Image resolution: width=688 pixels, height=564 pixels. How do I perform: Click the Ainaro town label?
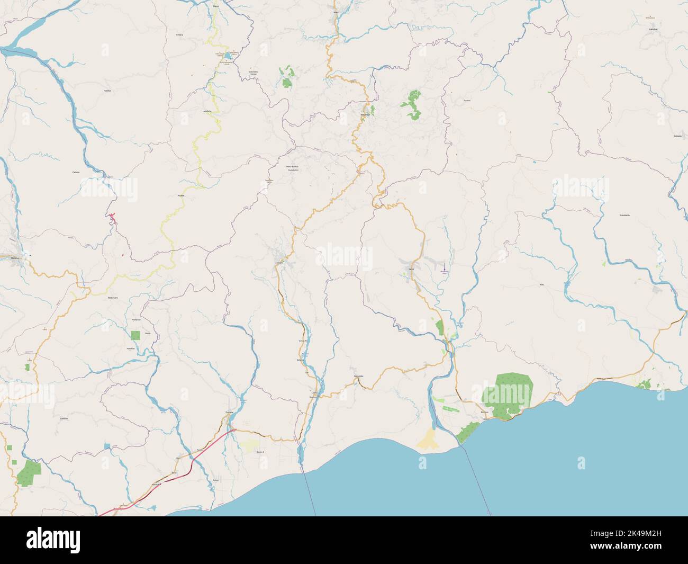point(279,262)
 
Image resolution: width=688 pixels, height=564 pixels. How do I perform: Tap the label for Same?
point(411,269)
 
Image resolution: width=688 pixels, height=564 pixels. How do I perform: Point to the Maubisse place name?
point(365,114)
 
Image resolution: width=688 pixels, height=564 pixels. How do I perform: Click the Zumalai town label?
point(229,411)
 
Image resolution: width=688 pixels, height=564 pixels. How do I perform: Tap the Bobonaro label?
point(112,298)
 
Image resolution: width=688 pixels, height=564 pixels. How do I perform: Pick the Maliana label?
point(15,258)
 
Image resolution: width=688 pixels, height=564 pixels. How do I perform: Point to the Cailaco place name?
point(76,173)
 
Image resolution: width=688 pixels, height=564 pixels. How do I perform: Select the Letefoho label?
point(207,111)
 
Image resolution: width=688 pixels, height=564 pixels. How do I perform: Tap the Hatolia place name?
point(107,91)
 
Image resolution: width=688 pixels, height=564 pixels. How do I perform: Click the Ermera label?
point(179,35)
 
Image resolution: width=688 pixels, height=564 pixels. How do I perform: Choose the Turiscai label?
point(466,100)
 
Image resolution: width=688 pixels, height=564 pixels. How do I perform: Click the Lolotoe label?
point(64,418)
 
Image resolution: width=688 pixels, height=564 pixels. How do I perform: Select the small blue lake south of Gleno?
point(228,55)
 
